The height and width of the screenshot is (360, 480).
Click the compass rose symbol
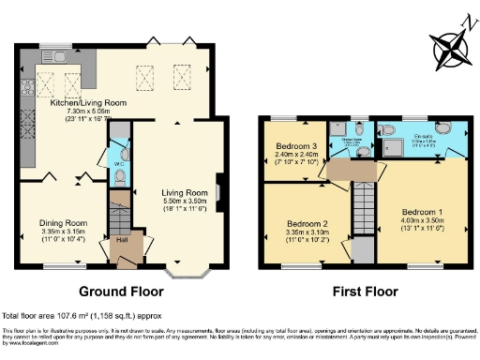coord(448,46)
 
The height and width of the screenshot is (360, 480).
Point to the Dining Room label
coord(62,223)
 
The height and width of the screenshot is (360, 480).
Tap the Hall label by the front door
coord(121,240)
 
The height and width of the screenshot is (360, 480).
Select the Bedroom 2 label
coord(307,225)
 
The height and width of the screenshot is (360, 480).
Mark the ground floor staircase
coord(119,211)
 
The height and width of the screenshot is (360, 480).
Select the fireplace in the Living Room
coord(218,191)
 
